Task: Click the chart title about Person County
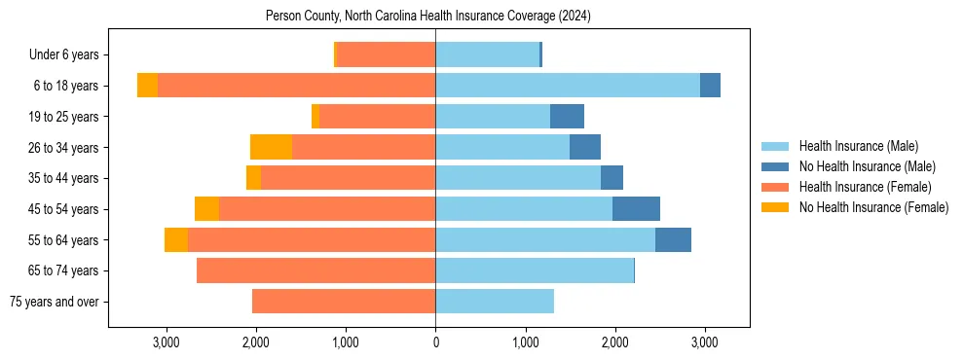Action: tap(428, 17)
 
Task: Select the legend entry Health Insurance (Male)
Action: tap(858, 147)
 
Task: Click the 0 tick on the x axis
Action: tap(435, 343)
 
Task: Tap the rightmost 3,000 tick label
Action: tap(705, 343)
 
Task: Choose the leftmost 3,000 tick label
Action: tap(166, 343)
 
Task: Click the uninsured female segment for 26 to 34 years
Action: tap(271, 147)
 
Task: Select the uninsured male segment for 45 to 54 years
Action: tap(636, 209)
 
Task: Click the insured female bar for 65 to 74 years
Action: tap(315, 270)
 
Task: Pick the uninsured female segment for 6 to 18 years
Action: tap(147, 86)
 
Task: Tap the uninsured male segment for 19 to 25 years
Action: tap(567, 117)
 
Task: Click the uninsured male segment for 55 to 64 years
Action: tap(673, 239)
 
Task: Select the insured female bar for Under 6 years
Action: tap(386, 55)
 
